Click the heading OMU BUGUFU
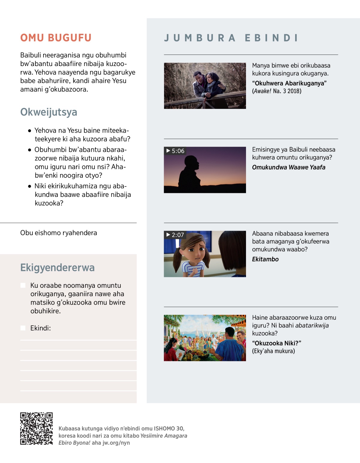(56, 38)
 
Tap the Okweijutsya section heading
(49, 112)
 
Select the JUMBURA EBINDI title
(231, 38)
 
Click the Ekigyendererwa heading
(57, 267)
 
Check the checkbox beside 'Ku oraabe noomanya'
(23, 285)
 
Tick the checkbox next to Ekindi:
(23, 328)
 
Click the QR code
(36, 428)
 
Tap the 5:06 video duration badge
(175, 151)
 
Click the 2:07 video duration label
(175, 235)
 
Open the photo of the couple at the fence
(205, 86)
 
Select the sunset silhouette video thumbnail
(205, 170)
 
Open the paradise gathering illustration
(205, 338)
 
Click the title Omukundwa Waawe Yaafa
(289, 167)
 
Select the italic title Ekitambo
(265, 259)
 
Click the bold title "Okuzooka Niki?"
(277, 343)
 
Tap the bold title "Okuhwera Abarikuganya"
(289, 83)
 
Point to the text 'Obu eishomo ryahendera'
(58, 233)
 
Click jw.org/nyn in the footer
(116, 443)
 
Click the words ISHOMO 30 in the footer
(169, 428)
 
